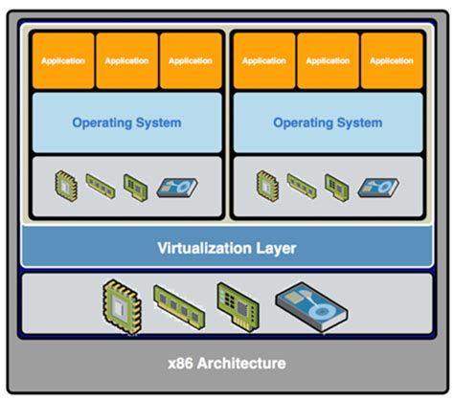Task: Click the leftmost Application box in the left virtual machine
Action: point(62,60)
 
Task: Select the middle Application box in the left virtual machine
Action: point(126,60)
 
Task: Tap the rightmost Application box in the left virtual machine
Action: point(190,60)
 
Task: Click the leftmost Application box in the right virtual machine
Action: point(263,60)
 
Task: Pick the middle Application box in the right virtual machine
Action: point(328,60)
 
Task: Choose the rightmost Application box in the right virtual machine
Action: point(391,60)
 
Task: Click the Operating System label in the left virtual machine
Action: point(126,123)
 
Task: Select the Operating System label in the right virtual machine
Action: point(328,123)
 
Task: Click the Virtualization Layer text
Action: point(227,249)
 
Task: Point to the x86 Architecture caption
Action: point(227,364)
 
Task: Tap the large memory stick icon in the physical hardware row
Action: point(178,307)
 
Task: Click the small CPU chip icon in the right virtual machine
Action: point(268,184)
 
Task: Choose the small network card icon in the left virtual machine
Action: point(134,184)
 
